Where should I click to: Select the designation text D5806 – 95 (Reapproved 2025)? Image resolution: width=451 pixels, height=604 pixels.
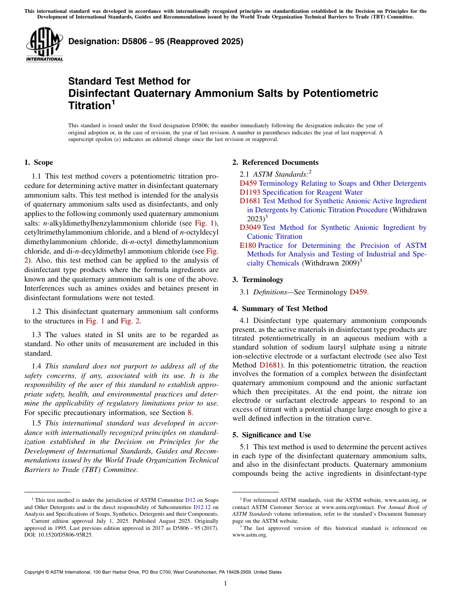coord(156,41)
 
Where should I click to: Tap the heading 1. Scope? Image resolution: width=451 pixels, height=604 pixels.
coord(38,163)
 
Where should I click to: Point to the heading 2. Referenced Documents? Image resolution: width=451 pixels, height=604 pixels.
coord(275,162)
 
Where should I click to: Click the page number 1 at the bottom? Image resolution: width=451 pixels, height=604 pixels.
coord(225,584)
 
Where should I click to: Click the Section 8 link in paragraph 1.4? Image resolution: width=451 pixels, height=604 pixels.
coord(190,412)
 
